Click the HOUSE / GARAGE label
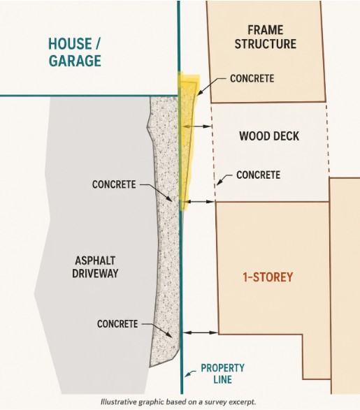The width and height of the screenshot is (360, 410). point(75,52)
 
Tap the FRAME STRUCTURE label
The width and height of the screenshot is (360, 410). point(266,37)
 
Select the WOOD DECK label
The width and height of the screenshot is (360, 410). point(269,136)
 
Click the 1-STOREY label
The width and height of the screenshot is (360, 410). point(268,277)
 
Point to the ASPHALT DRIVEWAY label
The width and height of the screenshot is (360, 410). point(95,267)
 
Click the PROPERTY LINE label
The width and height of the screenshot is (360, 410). point(223,374)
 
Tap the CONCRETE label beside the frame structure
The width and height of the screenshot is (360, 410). point(252,78)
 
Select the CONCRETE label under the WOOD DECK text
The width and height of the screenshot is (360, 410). point(259,175)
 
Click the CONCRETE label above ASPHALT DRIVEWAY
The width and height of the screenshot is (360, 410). point(114,184)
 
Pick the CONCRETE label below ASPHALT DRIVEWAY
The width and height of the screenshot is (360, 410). point(117,324)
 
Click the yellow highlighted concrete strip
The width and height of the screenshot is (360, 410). point(187,141)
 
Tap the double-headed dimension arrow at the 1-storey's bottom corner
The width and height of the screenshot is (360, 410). point(201,332)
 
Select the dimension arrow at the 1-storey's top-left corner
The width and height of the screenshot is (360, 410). point(201,202)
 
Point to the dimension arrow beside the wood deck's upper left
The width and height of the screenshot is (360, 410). point(197,126)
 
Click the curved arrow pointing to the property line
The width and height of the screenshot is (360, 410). point(190,373)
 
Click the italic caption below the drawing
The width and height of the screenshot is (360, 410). point(178,402)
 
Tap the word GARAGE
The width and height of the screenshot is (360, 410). point(75,61)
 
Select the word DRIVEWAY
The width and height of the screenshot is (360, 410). point(95,274)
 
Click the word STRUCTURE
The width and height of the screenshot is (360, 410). point(266,44)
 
